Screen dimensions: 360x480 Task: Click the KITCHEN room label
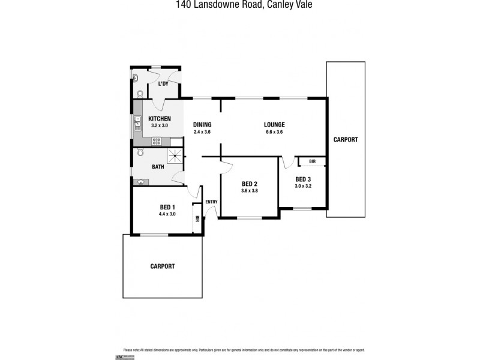click(160, 119)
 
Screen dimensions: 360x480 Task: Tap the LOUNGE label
click(274, 125)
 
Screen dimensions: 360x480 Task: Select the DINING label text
click(202, 125)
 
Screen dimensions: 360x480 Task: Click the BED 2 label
click(250, 184)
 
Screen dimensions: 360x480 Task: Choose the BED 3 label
click(303, 179)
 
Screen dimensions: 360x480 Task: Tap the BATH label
click(158, 167)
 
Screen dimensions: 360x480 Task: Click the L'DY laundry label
click(163, 84)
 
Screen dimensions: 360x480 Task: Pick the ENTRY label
click(211, 202)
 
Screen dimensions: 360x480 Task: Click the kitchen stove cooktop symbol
click(157, 142)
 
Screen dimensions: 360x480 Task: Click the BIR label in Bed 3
click(313, 161)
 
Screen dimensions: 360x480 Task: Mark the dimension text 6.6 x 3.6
click(274, 132)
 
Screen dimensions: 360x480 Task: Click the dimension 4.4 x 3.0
click(167, 214)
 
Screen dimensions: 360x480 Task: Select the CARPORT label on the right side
click(346, 139)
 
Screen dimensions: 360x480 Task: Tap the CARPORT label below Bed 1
click(162, 266)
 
